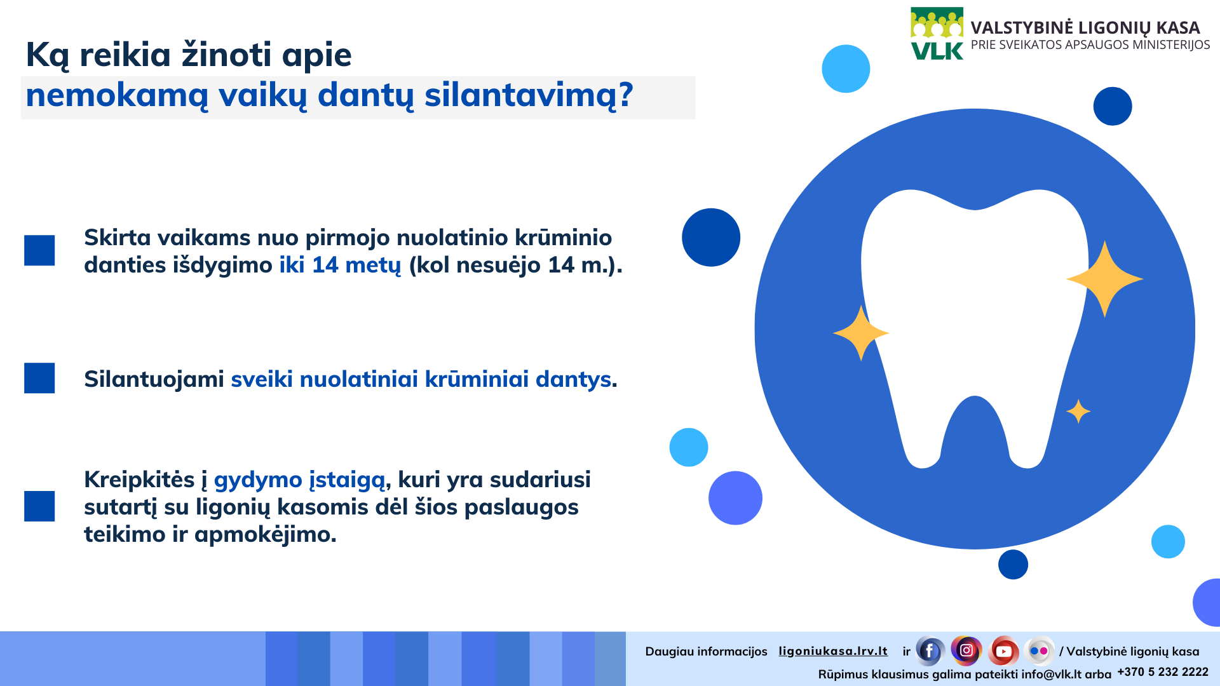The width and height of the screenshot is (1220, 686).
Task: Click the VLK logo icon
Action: (x=937, y=34)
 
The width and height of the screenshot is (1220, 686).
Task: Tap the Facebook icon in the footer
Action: (x=930, y=651)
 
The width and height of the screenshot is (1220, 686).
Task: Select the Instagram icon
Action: (x=966, y=650)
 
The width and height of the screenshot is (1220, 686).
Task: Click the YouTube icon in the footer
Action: (x=1003, y=651)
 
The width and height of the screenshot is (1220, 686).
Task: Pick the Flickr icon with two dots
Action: (x=1039, y=651)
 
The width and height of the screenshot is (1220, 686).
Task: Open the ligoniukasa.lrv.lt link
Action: (x=833, y=651)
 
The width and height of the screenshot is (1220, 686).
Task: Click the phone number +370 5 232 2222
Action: (x=1163, y=672)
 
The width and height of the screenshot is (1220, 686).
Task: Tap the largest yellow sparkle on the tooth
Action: (x=1104, y=279)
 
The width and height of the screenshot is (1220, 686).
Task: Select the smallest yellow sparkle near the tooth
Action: (x=1078, y=412)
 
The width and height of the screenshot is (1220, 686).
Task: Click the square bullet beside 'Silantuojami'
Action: (x=39, y=378)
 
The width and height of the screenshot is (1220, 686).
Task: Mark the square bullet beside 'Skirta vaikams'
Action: (x=39, y=250)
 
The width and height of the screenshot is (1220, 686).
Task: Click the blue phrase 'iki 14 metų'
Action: (x=340, y=265)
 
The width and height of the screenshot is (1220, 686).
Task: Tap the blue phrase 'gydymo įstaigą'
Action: (x=300, y=480)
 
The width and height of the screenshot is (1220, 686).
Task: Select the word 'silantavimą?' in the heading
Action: (x=529, y=95)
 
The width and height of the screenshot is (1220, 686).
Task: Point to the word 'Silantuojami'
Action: (x=154, y=379)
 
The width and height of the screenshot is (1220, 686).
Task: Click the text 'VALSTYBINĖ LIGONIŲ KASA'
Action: (x=1085, y=28)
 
